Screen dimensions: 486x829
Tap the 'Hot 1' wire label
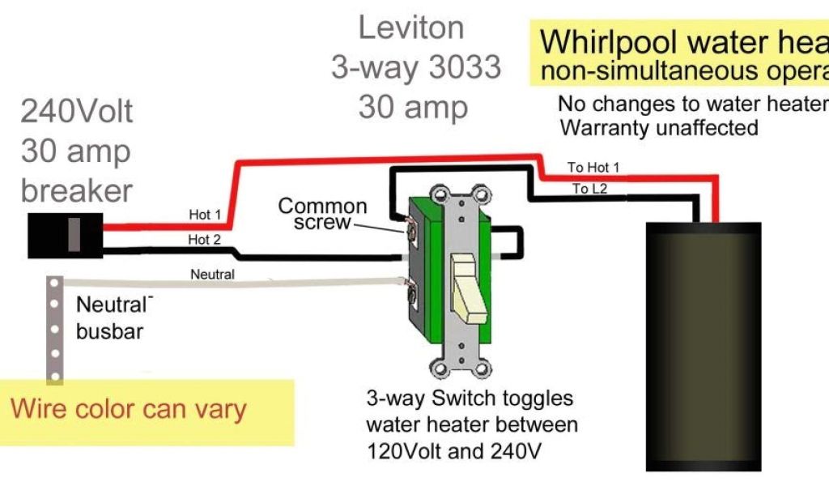click(x=205, y=215)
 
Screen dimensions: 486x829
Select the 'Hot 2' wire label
click(x=205, y=239)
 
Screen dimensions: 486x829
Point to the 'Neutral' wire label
click(x=212, y=275)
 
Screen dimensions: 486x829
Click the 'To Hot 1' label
click(x=593, y=167)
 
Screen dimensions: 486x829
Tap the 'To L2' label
click(x=591, y=189)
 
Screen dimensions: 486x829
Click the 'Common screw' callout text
click(x=322, y=214)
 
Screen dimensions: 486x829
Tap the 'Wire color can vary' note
click(x=128, y=408)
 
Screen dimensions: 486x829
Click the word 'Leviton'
click(x=411, y=28)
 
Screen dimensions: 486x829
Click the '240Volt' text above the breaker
click(x=77, y=111)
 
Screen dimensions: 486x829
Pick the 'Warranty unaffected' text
click(x=659, y=127)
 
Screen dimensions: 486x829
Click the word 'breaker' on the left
click(x=77, y=190)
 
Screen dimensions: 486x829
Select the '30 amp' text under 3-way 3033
click(x=413, y=107)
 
